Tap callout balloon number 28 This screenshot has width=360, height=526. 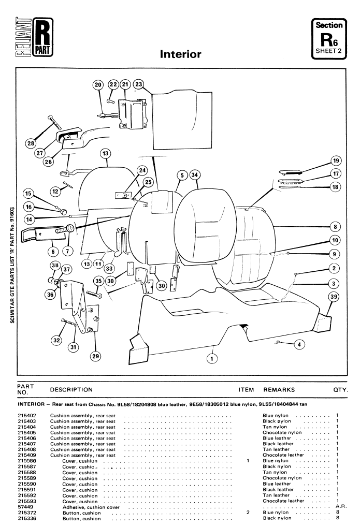(31, 143)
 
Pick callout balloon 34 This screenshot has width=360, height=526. (194, 174)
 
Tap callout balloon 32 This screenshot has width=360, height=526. (56, 340)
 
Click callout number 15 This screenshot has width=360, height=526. (29, 194)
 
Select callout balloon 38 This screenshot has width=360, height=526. (54, 266)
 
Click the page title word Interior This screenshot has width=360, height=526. (180, 54)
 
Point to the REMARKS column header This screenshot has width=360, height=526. (279, 389)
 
